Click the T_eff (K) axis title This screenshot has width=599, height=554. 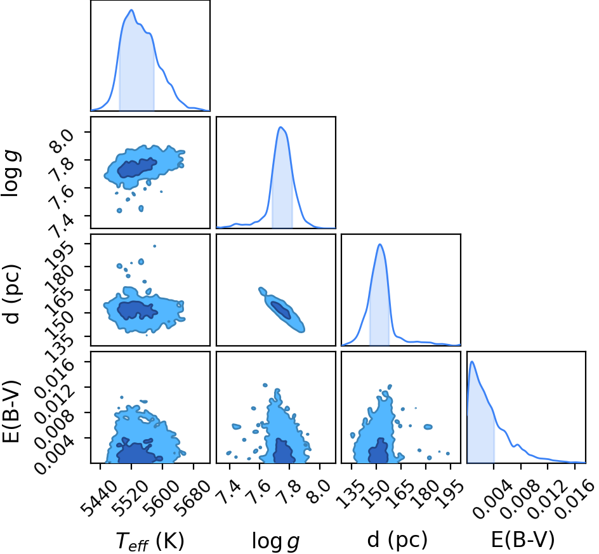(150, 541)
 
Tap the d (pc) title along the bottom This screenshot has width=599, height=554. (397, 539)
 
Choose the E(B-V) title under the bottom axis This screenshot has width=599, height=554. (523, 539)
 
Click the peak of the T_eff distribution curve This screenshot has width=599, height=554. (131, 10)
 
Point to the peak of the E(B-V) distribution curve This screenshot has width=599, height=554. (472, 362)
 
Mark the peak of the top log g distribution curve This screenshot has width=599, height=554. (280, 127)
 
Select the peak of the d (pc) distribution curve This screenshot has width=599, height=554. (379, 244)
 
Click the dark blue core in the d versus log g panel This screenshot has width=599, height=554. (280, 310)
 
